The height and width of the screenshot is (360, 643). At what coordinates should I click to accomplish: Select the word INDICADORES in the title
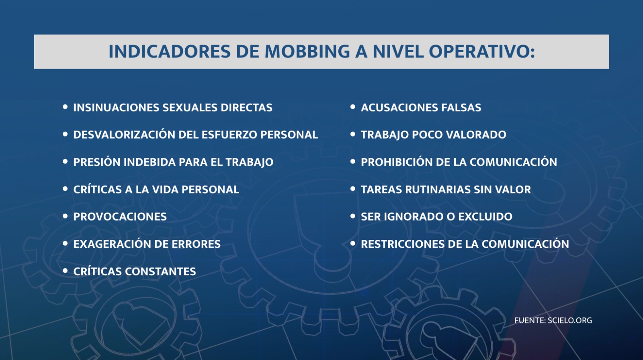point(170,52)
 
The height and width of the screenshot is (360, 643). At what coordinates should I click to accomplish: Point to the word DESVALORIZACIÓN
point(124,135)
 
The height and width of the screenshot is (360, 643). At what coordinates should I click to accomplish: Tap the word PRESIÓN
point(97,162)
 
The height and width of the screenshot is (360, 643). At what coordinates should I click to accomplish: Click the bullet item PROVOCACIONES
point(120,217)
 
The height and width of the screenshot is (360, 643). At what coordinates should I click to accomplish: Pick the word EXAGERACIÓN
point(112,244)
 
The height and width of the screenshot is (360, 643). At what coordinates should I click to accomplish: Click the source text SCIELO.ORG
point(570,320)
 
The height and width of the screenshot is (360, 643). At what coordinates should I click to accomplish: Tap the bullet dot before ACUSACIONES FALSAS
point(353,107)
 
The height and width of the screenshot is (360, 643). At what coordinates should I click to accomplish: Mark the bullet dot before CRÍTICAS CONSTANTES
point(65,271)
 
